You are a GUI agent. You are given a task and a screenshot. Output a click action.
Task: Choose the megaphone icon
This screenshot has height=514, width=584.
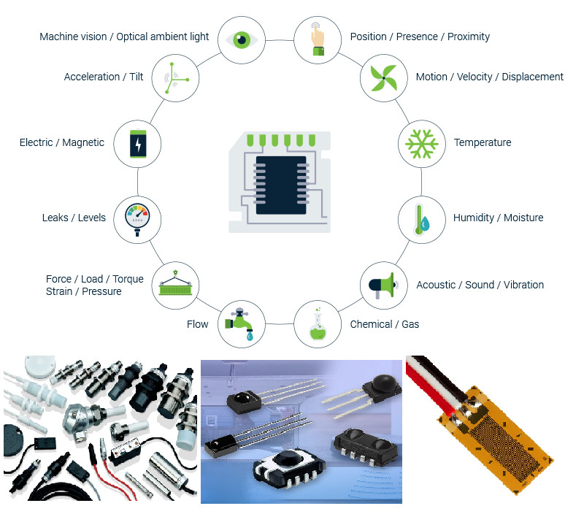[383, 285]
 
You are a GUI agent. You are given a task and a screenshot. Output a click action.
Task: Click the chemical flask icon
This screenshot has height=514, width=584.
[318, 324]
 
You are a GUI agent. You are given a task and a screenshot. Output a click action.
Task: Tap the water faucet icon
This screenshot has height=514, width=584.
[242, 324]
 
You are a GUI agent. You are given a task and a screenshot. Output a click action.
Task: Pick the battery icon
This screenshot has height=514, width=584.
[137, 143]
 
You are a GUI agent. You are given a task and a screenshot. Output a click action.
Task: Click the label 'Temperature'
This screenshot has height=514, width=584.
[483, 143]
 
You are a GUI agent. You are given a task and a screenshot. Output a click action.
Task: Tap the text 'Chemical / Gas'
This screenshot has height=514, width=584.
[385, 324]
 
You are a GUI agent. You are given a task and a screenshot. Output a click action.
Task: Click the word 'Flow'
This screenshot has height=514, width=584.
[197, 324]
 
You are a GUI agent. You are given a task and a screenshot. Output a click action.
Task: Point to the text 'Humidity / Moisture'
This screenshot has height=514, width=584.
[498, 218]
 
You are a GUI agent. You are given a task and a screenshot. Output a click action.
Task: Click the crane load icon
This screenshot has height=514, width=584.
[175, 285]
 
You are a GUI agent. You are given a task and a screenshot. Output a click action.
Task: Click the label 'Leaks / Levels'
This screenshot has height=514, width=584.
[74, 218]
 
